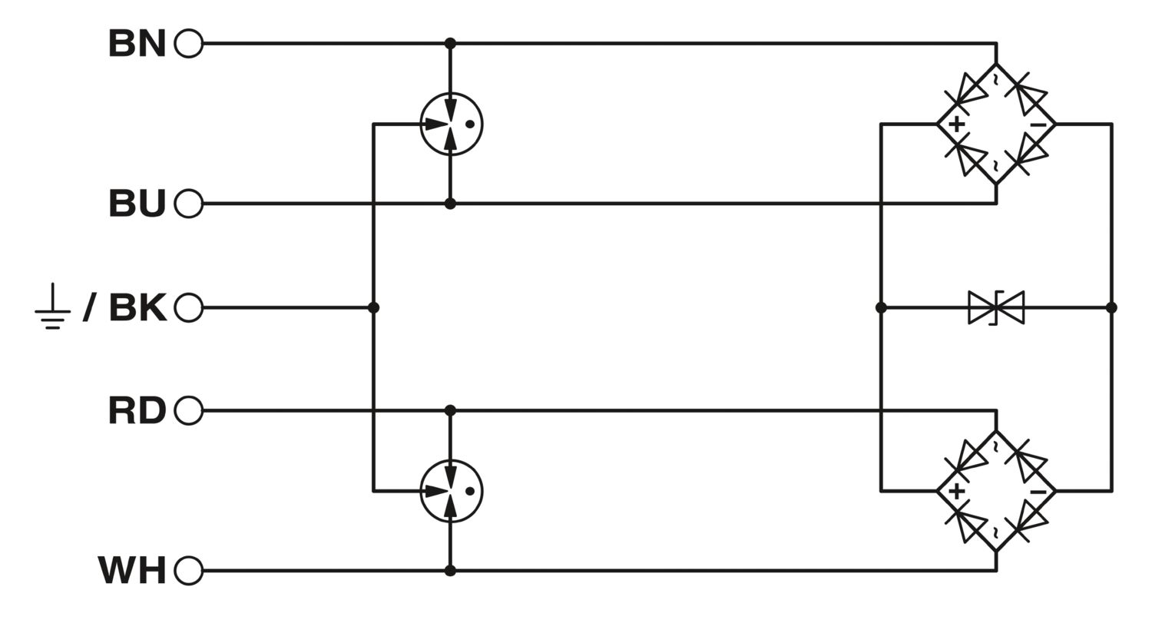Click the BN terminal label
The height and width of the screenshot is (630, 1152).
(x=137, y=43)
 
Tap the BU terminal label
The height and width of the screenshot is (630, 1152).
(x=137, y=204)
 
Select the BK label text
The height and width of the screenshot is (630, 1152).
(x=137, y=307)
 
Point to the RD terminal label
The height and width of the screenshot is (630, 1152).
(x=137, y=410)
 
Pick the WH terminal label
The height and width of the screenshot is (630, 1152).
(x=132, y=570)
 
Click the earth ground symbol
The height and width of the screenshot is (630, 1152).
(x=52, y=307)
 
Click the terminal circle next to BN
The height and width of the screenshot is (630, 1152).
(x=189, y=43)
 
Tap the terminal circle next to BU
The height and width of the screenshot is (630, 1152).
(x=189, y=204)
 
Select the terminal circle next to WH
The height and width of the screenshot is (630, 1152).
(x=189, y=570)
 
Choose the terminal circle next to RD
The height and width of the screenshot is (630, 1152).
(x=189, y=410)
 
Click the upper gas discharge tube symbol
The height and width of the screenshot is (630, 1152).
(x=451, y=124)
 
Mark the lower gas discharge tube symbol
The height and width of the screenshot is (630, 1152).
(x=451, y=491)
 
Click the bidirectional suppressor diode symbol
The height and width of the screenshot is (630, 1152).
(x=996, y=307)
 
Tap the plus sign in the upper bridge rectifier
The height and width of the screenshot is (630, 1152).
(x=956, y=124)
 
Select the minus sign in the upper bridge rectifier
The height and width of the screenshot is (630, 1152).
(x=1038, y=125)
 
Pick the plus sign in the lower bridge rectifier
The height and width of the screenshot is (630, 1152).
(x=956, y=492)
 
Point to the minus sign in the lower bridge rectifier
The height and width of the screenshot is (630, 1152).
(x=1038, y=492)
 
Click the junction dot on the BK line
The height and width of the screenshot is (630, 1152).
(x=373, y=307)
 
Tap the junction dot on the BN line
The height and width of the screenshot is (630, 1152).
(x=450, y=43)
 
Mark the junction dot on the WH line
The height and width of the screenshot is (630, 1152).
(x=450, y=570)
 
